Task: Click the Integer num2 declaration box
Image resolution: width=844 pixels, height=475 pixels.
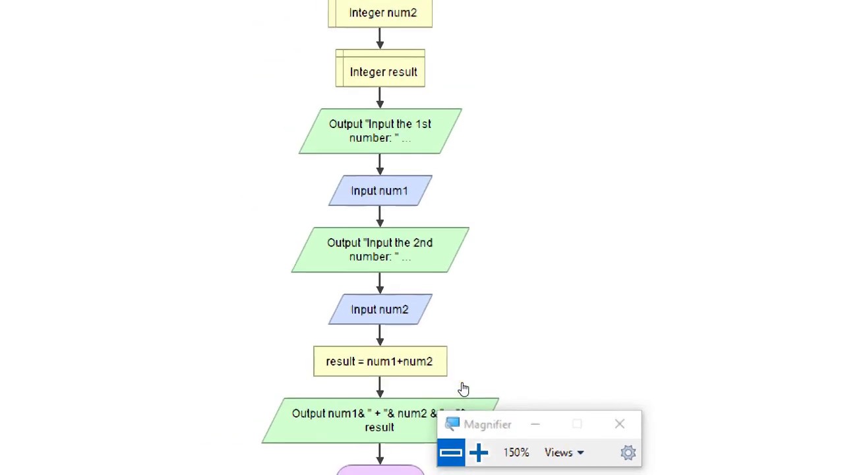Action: pyautogui.click(x=380, y=13)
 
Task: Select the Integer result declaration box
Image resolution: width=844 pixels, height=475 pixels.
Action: pyautogui.click(x=380, y=71)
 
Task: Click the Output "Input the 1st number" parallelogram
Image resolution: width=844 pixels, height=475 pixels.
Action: pyautogui.click(x=380, y=131)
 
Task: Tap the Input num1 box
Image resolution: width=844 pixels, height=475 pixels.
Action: pyautogui.click(x=380, y=191)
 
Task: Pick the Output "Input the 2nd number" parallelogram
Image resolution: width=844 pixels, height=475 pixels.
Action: pyautogui.click(x=380, y=250)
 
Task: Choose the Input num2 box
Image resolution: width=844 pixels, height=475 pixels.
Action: pyautogui.click(x=380, y=309)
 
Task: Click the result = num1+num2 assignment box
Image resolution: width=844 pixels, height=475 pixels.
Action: pyautogui.click(x=380, y=362)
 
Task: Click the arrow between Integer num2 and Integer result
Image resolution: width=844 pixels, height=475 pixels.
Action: pyautogui.click(x=380, y=38)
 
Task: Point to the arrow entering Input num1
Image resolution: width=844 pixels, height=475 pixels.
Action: pyautogui.click(x=380, y=164)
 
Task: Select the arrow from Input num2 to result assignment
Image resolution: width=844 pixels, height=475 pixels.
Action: pyautogui.click(x=380, y=335)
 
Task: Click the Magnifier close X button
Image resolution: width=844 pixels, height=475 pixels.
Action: pyautogui.click(x=619, y=424)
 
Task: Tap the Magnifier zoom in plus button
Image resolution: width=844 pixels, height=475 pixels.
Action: pyautogui.click(x=479, y=453)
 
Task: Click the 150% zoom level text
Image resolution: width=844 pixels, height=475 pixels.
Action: pyautogui.click(x=516, y=453)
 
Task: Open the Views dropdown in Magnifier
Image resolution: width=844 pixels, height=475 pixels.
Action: pyautogui.click(x=564, y=453)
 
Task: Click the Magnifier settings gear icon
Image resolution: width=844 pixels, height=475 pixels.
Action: pyautogui.click(x=628, y=453)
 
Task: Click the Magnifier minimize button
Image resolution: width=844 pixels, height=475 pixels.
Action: pyautogui.click(x=535, y=424)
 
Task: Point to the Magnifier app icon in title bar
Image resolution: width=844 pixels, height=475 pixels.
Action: pyautogui.click(x=452, y=424)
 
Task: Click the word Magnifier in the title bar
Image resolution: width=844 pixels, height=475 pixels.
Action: pyautogui.click(x=487, y=425)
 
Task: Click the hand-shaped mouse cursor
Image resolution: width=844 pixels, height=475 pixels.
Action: pyautogui.click(x=464, y=390)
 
